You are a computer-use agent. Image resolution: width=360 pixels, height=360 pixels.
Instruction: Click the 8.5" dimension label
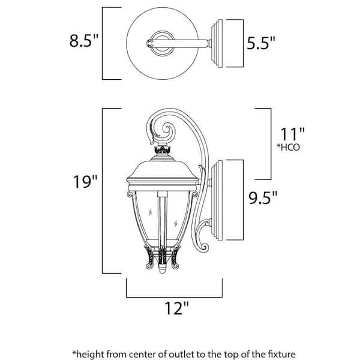83,43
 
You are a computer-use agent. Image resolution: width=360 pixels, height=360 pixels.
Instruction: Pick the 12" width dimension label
176,308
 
